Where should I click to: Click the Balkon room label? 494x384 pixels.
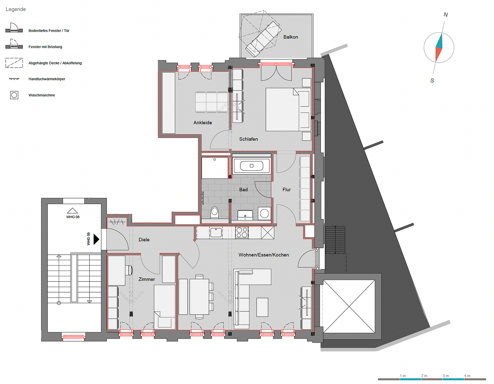(291, 37)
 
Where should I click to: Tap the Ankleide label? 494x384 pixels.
(203, 123)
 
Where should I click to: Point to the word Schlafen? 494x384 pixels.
(249, 139)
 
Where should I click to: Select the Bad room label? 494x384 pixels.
(243, 190)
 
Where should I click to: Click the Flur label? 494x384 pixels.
(286, 190)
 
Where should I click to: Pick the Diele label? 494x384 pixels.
(144, 240)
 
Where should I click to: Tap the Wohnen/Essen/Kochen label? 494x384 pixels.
(264, 255)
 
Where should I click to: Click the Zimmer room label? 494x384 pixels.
(147, 279)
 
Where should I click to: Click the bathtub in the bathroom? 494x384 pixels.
(251, 166)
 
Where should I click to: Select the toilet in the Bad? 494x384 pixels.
(214, 212)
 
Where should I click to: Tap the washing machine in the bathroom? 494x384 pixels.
(264, 213)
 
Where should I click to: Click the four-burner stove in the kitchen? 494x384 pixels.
(242, 233)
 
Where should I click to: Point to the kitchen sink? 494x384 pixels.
(216, 233)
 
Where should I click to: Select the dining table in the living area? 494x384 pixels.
(199, 297)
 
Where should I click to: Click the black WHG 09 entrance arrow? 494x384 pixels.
(97, 239)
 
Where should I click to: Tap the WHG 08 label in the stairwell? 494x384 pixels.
(73, 217)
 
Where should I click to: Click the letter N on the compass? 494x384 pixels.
(446, 15)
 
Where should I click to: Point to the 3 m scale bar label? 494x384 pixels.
(446, 375)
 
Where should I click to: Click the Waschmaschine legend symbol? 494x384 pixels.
(14, 95)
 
